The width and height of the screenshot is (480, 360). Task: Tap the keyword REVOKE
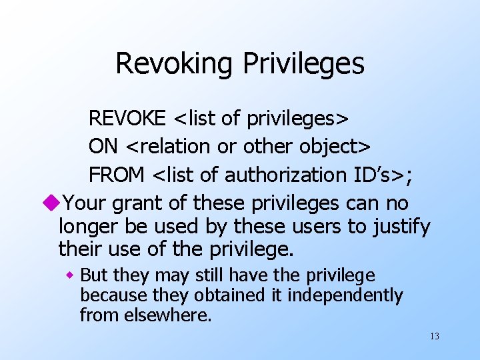click(x=127, y=118)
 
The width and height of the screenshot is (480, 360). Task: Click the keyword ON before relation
click(x=101, y=146)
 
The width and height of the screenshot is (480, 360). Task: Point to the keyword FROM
click(x=117, y=175)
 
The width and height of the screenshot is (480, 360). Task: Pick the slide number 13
click(x=435, y=336)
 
